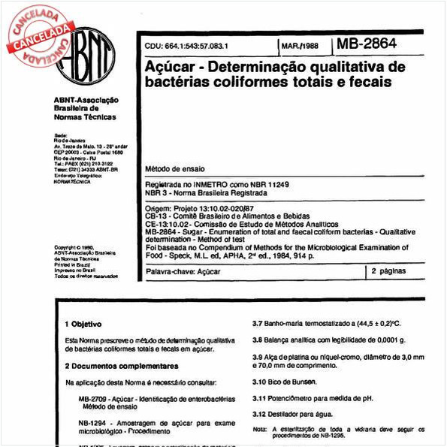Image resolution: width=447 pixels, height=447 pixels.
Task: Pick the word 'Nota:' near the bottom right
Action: tap(260, 428)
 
